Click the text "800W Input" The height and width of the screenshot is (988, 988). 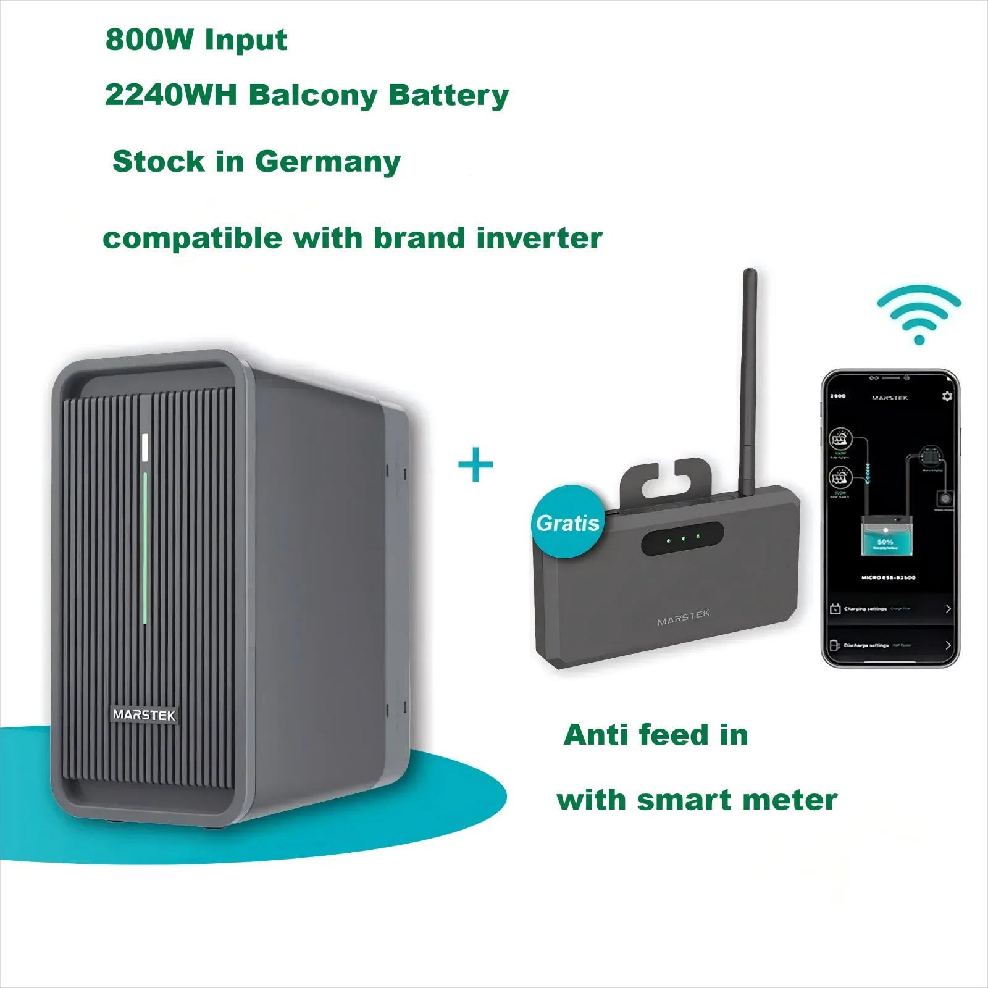click(196, 40)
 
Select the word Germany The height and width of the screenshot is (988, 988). click(327, 162)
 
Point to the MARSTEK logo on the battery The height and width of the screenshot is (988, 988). click(144, 714)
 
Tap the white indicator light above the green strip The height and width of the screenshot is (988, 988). click(146, 447)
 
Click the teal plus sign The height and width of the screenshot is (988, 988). click(475, 465)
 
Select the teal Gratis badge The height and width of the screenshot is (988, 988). click(566, 522)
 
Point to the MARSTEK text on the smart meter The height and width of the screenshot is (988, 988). click(683, 617)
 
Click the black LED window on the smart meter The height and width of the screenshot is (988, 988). click(682, 538)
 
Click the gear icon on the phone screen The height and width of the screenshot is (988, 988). click(947, 396)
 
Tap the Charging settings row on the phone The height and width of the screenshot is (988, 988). click(889, 609)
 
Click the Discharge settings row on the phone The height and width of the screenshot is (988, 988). click(889, 645)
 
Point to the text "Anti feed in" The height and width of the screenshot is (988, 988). click(656, 735)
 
